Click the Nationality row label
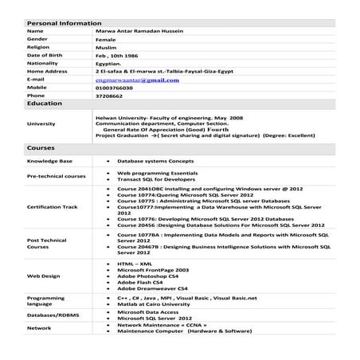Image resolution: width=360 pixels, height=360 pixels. tap(43, 63)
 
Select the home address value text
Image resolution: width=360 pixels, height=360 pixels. tap(167, 71)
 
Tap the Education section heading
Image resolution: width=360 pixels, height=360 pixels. tap(45, 104)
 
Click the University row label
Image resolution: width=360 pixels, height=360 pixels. tap(41, 123)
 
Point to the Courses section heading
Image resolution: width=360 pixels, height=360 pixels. tap(41, 149)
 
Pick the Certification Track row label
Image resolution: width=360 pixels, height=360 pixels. tap(53, 206)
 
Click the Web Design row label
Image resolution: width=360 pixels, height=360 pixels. tap(44, 276)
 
